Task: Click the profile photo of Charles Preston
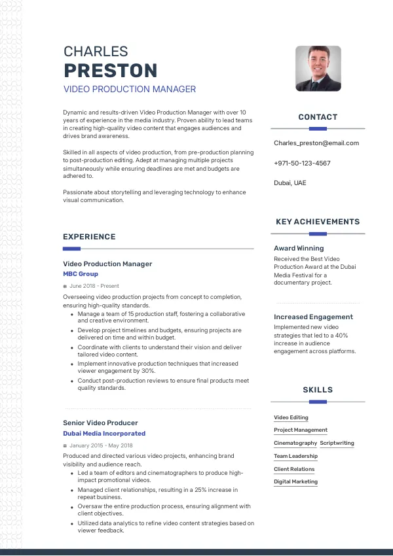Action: (x=318, y=68)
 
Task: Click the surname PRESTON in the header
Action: (x=110, y=71)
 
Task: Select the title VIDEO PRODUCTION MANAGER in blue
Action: (x=130, y=90)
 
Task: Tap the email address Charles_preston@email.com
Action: (x=316, y=143)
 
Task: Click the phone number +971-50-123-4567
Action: (x=302, y=163)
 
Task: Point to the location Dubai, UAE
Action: (x=290, y=183)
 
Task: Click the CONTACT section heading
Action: (x=318, y=117)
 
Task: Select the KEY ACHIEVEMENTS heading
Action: (x=318, y=222)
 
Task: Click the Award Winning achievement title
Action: (x=299, y=249)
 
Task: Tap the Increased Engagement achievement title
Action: (x=313, y=317)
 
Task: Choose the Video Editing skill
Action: (x=291, y=417)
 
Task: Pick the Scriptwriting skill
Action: (x=337, y=443)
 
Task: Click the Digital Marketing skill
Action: (x=295, y=481)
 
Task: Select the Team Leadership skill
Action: (x=295, y=456)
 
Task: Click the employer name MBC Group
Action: (x=81, y=274)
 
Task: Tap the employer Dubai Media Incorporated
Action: (x=104, y=433)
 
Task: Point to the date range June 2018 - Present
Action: (x=94, y=286)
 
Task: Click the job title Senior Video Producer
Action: (x=100, y=423)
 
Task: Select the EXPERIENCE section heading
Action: (x=89, y=237)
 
